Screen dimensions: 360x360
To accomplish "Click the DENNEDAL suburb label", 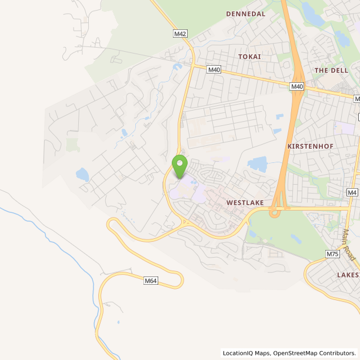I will (246, 14).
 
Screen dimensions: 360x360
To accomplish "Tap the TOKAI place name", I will (249, 56).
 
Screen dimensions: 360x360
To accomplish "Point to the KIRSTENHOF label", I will (306, 145).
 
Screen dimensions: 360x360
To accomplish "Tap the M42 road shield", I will (180, 34).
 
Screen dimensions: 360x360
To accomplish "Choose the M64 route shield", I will (151, 281).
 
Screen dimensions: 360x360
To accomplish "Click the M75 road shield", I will (332, 254).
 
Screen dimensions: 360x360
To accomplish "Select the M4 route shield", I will (352, 192).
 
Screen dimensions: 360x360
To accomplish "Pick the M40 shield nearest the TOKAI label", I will (214, 69).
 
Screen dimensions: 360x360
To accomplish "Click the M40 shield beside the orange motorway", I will (297, 86).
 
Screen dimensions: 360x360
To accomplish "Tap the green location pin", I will (179, 165).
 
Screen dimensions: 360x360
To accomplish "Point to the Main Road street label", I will (349, 245).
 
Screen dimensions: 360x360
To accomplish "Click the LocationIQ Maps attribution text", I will (246, 354).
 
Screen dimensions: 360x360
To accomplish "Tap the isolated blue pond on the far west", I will (82, 175).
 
